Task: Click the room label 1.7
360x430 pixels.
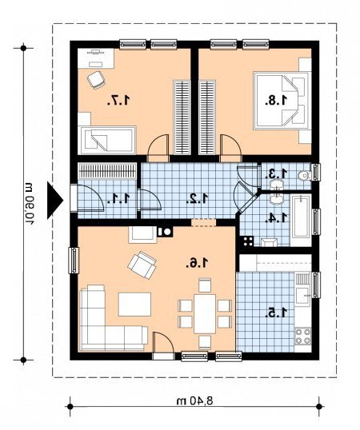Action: pos(118,101)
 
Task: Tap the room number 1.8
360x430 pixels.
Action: pos(276,101)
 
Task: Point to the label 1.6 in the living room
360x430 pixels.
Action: pos(197,263)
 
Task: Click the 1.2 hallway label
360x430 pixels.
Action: pos(198,198)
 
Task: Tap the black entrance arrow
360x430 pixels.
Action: pos(55,201)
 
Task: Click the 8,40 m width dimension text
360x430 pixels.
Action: pos(194,401)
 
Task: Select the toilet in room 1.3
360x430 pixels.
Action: pos(304,176)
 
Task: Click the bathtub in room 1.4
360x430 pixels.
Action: pos(301,217)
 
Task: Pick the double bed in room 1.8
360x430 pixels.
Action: pos(282,101)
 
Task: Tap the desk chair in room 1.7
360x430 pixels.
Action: pos(96,80)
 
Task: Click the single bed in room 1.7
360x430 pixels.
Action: pos(107,140)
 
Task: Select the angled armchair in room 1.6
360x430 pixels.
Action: pos(142,265)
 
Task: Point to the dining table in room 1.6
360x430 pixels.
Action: pos(205,313)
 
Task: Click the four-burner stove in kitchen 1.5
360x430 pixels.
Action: pos(303,336)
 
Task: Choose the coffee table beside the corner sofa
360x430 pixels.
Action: pos(134,305)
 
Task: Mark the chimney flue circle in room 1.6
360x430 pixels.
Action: pos(167,232)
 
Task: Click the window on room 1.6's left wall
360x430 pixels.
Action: pos(74,261)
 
